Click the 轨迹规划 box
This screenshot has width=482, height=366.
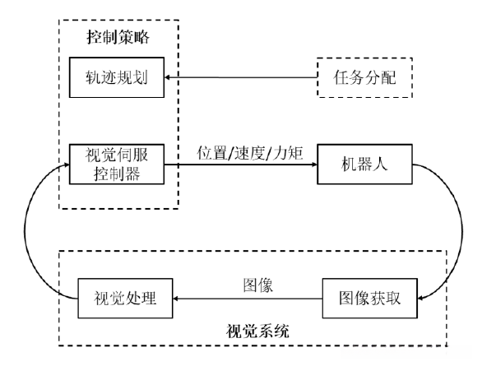[118, 79]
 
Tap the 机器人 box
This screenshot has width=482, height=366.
[362, 164]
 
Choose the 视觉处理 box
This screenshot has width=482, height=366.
[123, 298]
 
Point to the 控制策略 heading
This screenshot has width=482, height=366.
[118, 38]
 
